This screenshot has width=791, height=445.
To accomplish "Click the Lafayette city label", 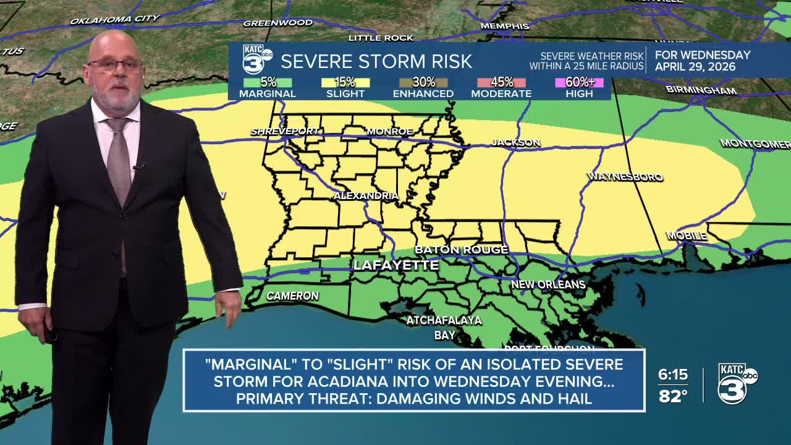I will coord(395,265).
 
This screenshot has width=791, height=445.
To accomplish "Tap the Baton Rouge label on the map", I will coord(461,250).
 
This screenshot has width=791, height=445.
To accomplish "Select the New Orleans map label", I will coord(548,284).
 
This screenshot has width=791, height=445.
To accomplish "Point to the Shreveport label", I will coord(284,131).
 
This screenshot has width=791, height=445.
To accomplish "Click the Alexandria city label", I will coord(366,195).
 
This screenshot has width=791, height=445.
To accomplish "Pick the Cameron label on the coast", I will coord(292,296).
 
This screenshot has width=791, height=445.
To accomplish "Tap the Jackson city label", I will coord(516,142).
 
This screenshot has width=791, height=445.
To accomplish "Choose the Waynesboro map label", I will coord(625,177).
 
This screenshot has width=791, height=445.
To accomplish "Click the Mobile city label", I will coord(686,236).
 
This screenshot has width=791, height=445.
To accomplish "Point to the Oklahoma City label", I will coord(114,20).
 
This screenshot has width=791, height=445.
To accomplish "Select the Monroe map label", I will coord(389,131).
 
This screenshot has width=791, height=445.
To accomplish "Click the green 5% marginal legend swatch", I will coord(268,82).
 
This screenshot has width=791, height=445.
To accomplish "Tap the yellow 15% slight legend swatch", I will coord(345,82).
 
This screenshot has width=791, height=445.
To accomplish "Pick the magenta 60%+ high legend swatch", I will coord(579,82).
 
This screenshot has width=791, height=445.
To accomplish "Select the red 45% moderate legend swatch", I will coord(501,82).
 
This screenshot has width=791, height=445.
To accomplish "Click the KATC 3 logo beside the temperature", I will coord(737,383).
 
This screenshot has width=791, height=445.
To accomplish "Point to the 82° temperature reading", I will coord(673,396).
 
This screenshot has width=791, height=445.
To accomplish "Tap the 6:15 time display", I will coord(673,375).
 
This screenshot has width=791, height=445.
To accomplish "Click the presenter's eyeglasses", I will coord(116,64).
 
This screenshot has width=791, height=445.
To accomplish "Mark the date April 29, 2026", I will coord(695,67).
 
